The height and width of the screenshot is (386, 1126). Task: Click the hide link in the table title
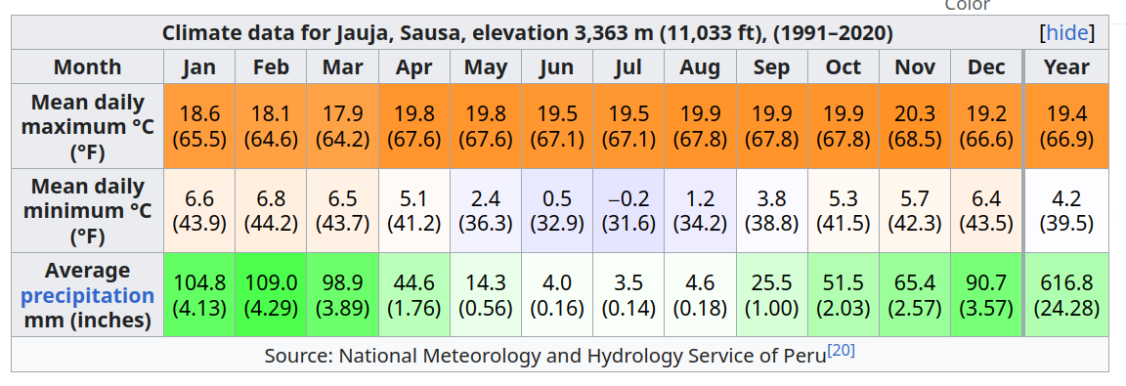tap(1065, 33)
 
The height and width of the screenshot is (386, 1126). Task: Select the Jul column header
tap(628, 67)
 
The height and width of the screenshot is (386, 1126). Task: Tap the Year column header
tap(1066, 67)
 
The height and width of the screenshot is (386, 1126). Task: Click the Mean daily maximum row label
tap(88, 127)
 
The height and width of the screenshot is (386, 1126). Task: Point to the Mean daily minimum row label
tap(88, 211)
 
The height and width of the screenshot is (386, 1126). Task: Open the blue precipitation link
tap(88, 295)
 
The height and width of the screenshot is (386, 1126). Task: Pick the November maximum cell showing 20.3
tap(915, 127)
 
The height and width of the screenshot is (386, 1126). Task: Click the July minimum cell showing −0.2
tap(628, 211)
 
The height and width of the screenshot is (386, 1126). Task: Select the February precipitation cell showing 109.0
tap(271, 295)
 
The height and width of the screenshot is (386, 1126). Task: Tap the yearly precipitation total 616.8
tap(1066, 295)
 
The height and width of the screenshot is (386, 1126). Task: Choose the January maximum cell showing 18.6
tap(199, 127)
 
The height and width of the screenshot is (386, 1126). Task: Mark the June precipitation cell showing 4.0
tap(556, 295)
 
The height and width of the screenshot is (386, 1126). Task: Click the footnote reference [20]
tap(841, 352)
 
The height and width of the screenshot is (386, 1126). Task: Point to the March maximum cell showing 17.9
tap(342, 127)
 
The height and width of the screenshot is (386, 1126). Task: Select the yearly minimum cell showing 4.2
tap(1066, 211)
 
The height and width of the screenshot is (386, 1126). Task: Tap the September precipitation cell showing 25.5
tap(771, 295)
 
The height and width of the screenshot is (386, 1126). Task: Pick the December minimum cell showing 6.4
tap(986, 211)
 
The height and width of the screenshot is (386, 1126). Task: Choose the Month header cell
tap(88, 67)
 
